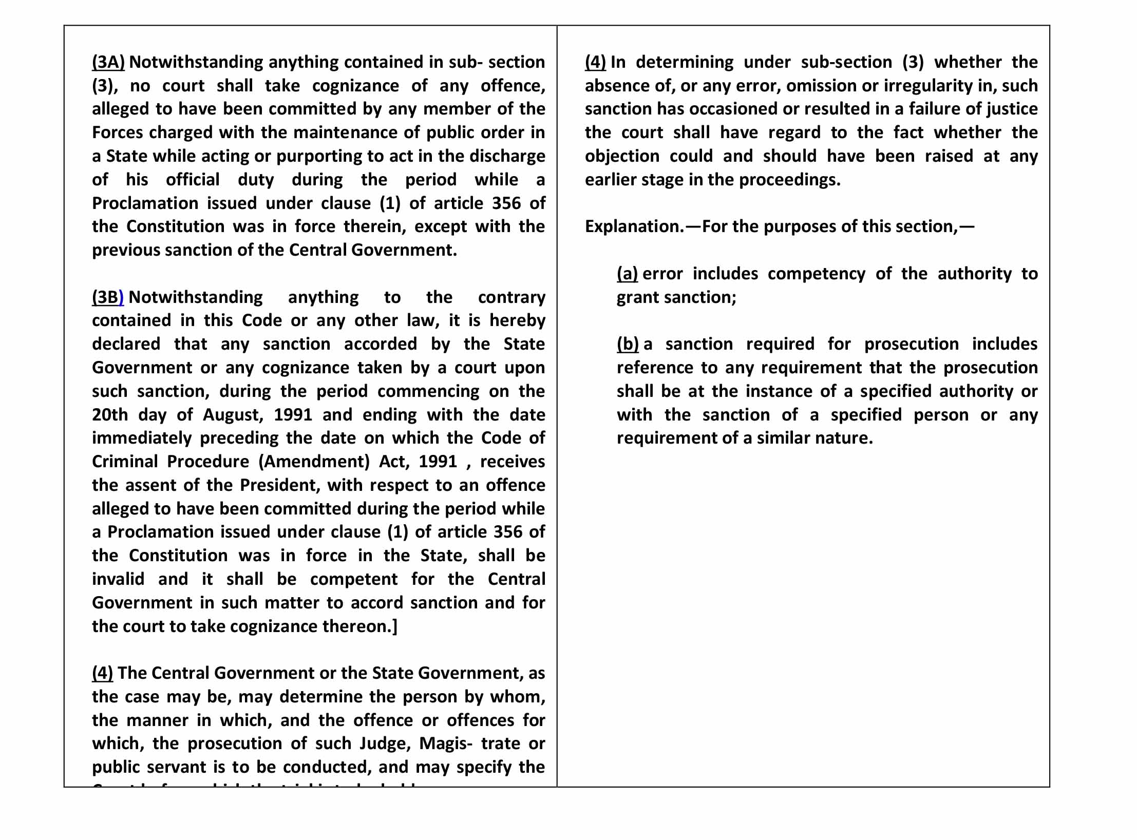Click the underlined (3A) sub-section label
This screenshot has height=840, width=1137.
tap(108, 62)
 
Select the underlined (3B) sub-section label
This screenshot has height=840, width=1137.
tap(108, 297)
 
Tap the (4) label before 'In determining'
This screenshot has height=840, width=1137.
tap(595, 62)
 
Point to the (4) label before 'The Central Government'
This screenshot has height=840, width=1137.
tap(103, 673)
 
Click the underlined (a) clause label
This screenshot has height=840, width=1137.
tap(627, 274)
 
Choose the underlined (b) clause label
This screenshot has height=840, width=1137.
tap(628, 344)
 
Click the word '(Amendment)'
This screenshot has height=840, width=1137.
tap(314, 462)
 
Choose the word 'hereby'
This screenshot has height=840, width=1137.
tap(517, 320)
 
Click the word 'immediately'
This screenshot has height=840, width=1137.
tap(142, 438)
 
